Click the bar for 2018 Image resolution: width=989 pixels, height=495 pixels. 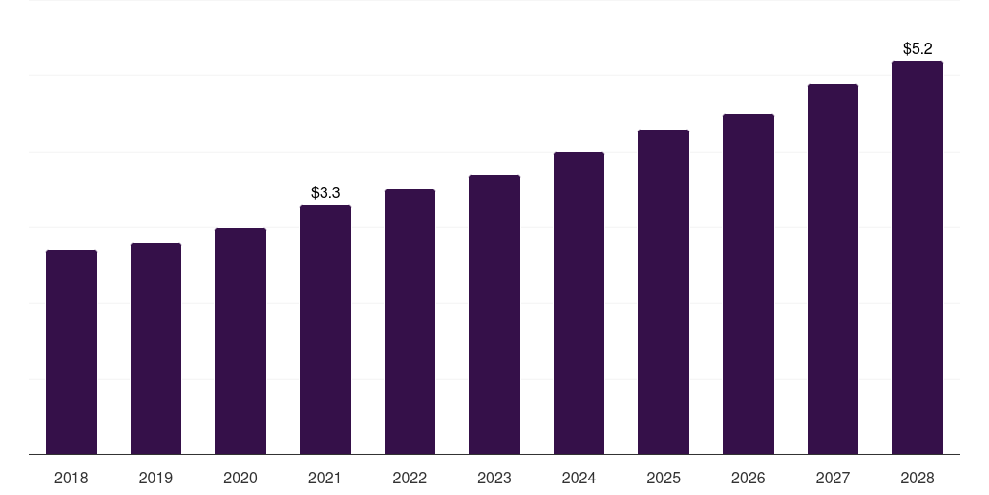[71, 353]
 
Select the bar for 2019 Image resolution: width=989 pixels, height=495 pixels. [155, 349]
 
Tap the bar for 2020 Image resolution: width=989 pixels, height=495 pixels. [240, 341]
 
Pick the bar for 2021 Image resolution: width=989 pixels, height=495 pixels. [325, 330]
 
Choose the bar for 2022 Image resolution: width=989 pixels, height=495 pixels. [410, 322]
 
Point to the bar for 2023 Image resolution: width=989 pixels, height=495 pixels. [494, 315]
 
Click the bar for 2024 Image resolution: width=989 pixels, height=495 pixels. [579, 304]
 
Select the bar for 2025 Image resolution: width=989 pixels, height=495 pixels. [664, 292]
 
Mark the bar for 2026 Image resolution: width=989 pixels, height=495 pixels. [749, 284]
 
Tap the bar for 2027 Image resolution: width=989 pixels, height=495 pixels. [833, 270]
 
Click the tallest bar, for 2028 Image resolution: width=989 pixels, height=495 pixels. [918, 258]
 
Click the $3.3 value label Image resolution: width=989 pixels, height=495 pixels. [325, 193]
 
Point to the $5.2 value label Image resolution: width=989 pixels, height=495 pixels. [918, 48]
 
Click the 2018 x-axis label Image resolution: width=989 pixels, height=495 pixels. [71, 478]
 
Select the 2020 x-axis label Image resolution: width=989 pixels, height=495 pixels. [240, 478]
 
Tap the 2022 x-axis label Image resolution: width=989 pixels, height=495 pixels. [410, 478]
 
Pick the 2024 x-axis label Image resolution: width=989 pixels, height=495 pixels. [579, 478]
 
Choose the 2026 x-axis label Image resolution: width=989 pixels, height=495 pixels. [749, 478]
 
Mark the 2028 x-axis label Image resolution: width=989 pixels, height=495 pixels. [918, 478]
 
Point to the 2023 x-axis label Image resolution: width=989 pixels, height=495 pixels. [494, 478]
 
